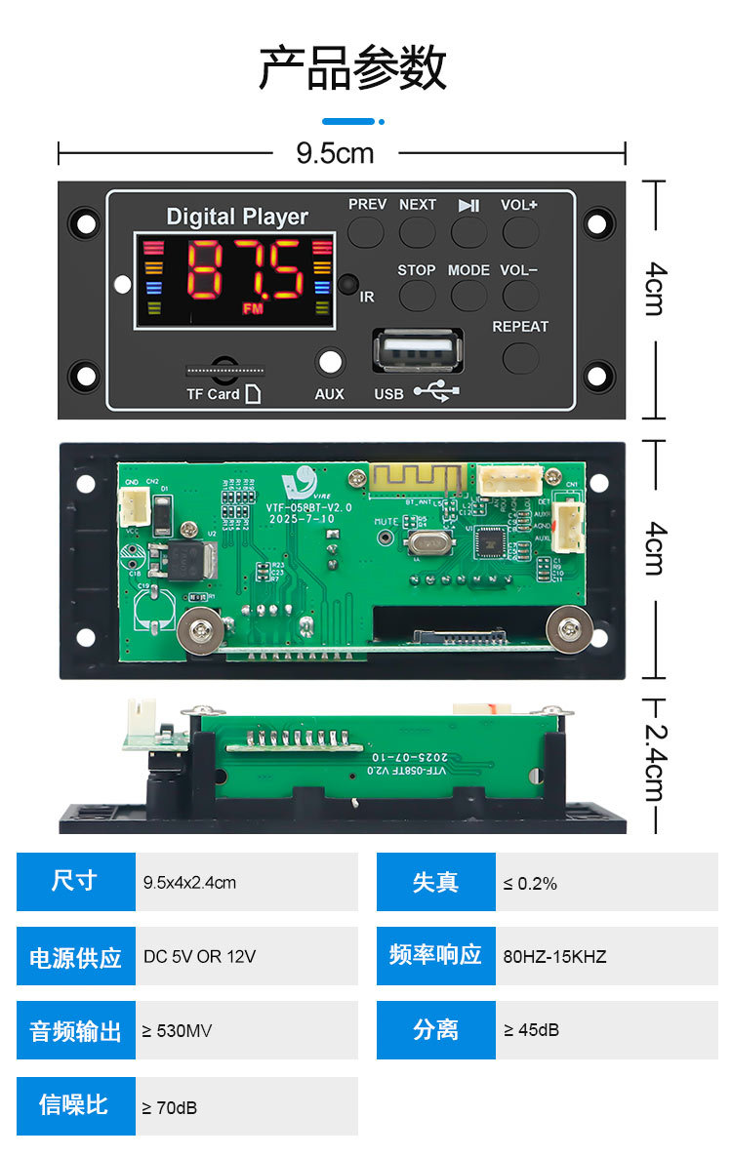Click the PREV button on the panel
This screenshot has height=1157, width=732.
367,231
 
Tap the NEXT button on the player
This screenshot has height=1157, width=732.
418,231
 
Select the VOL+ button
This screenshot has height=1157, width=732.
520,231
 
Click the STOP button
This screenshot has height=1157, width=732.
417,295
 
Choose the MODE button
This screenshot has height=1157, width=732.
468,295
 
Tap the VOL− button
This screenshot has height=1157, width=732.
520,295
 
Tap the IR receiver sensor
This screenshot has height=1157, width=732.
348,285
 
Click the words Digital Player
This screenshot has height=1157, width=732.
237,217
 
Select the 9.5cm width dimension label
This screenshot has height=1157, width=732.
335,153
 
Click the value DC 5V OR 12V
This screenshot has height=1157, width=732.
199,957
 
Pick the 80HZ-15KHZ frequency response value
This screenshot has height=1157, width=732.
554,957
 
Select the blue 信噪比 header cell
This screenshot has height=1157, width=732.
75,1105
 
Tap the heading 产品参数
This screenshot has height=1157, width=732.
352,68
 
